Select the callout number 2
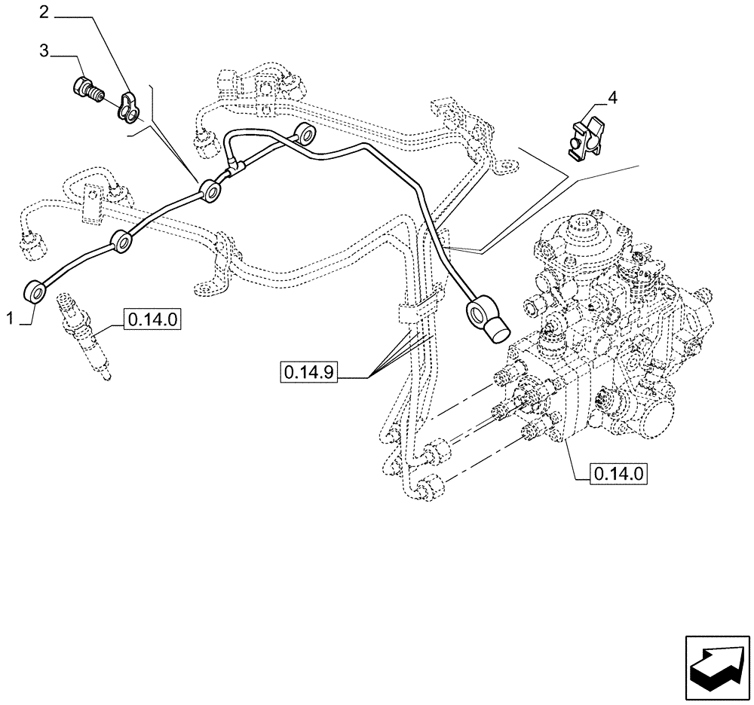pyautogui.click(x=44, y=11)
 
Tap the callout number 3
pyautogui.click(x=44, y=50)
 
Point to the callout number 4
pyautogui.click(x=612, y=97)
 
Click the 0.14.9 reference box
pyautogui.click(x=310, y=371)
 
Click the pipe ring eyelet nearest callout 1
pyautogui.click(x=36, y=291)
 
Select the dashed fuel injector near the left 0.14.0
pyautogui.click(x=84, y=337)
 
